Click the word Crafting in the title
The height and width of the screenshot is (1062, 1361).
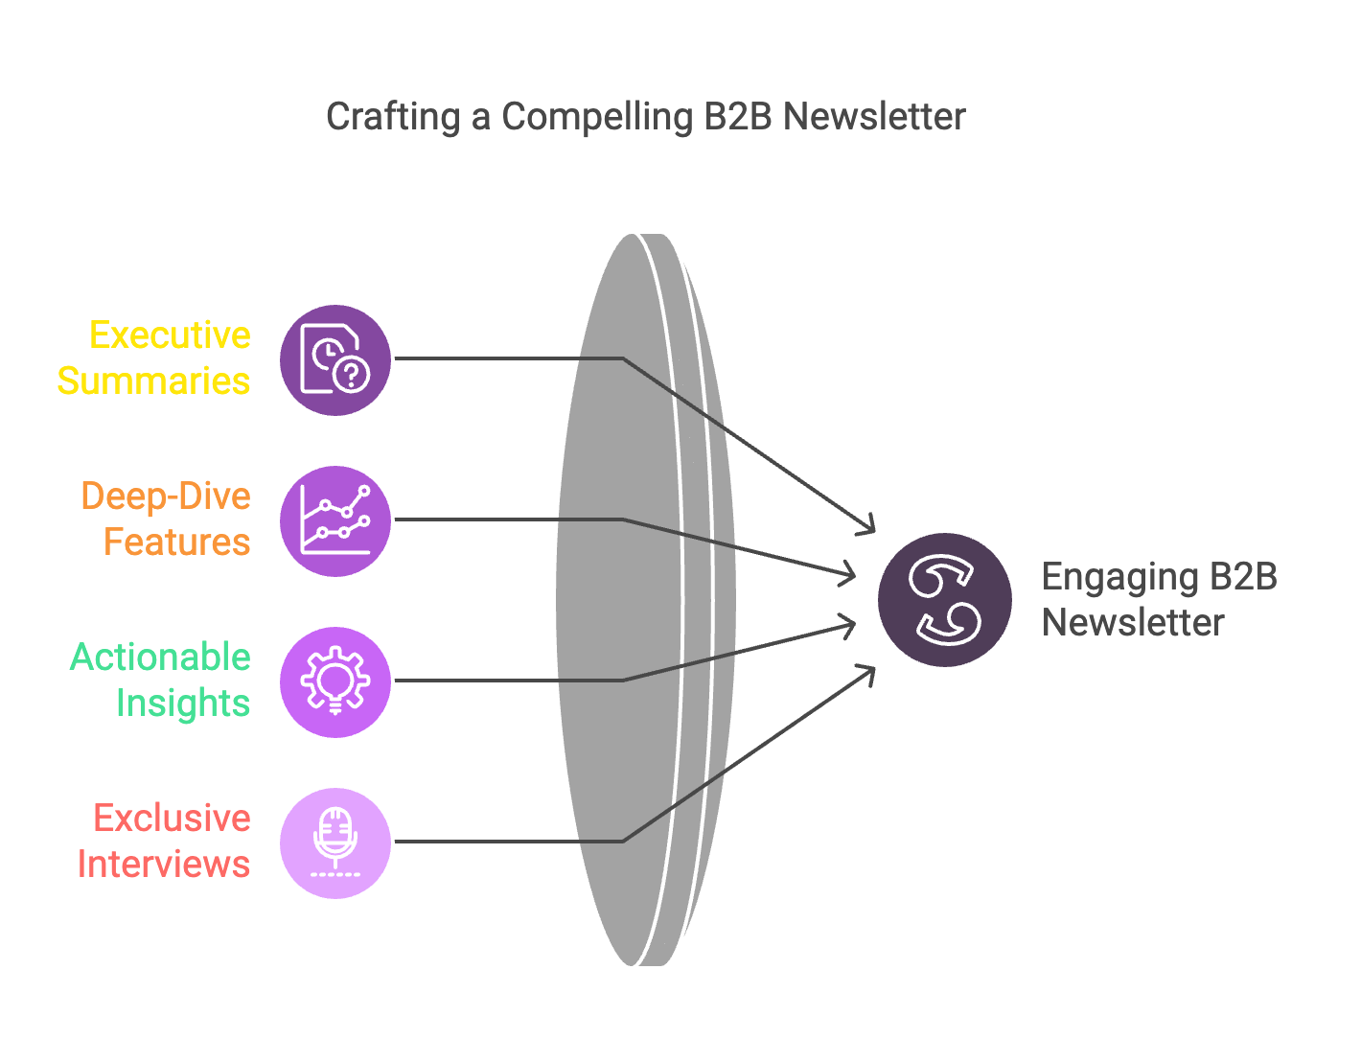click(393, 117)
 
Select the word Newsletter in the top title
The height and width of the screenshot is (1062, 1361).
click(874, 117)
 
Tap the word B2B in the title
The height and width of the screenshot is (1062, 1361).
click(738, 117)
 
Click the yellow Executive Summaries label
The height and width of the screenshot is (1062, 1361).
click(154, 358)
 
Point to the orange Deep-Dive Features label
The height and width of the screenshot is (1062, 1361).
click(166, 519)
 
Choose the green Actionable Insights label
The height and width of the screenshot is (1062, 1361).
click(160, 680)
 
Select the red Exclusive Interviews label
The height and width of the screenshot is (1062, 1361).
click(164, 841)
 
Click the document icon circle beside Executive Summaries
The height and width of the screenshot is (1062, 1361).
click(335, 360)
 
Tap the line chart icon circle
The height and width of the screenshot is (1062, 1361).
click(335, 521)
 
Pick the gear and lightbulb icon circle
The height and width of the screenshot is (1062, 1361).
click(335, 681)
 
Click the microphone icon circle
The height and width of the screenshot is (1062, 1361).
click(335, 843)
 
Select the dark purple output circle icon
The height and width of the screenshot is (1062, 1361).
click(944, 599)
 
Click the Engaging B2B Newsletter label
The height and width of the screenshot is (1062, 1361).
click(1159, 599)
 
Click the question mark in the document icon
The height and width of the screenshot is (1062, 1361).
click(352, 375)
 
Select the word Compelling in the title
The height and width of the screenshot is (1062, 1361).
click(597, 117)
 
